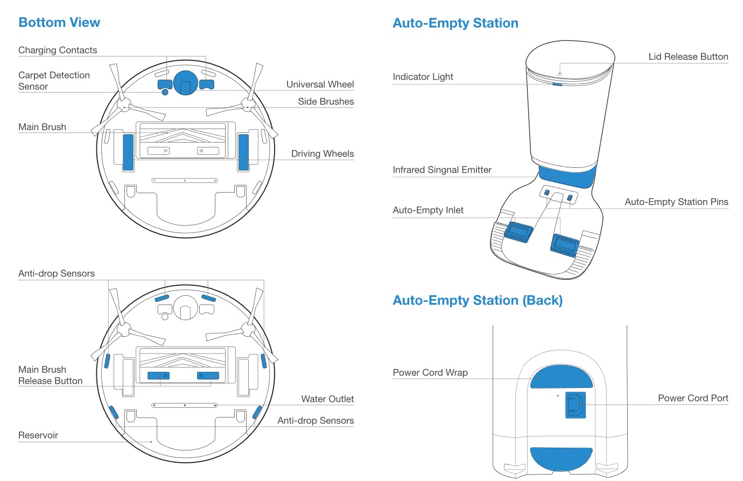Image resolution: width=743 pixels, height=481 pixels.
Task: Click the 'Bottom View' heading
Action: (x=59, y=23)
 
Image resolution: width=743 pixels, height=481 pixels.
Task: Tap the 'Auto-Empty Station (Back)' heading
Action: (x=478, y=300)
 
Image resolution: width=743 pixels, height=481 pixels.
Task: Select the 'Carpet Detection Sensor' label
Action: (x=54, y=81)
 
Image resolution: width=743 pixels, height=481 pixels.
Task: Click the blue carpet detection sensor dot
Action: (x=165, y=93)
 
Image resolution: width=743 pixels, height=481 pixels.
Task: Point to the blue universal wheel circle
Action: (x=185, y=82)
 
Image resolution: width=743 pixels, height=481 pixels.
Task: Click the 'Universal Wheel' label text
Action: (x=320, y=84)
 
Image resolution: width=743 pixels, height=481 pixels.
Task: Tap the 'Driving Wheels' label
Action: (x=323, y=154)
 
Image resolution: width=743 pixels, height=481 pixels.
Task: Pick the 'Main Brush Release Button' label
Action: (x=50, y=375)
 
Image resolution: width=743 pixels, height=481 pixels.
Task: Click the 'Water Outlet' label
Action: (x=327, y=399)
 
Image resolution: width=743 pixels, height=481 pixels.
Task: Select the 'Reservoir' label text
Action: (x=38, y=435)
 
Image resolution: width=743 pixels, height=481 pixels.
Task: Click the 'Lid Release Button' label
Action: (x=688, y=57)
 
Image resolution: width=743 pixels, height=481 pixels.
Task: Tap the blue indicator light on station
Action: (x=557, y=84)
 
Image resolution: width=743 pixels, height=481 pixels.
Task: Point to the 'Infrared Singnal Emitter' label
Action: (x=442, y=170)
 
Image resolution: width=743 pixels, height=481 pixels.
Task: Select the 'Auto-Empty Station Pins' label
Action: (x=676, y=202)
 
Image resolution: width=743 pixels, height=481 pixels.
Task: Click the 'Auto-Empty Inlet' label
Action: (x=428, y=210)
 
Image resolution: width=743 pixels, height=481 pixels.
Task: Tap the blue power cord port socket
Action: (x=574, y=405)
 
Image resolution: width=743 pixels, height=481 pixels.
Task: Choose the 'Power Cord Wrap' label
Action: (x=430, y=373)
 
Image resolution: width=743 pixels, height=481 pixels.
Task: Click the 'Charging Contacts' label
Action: (x=58, y=51)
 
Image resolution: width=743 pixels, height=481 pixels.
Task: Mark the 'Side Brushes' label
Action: (x=326, y=102)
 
